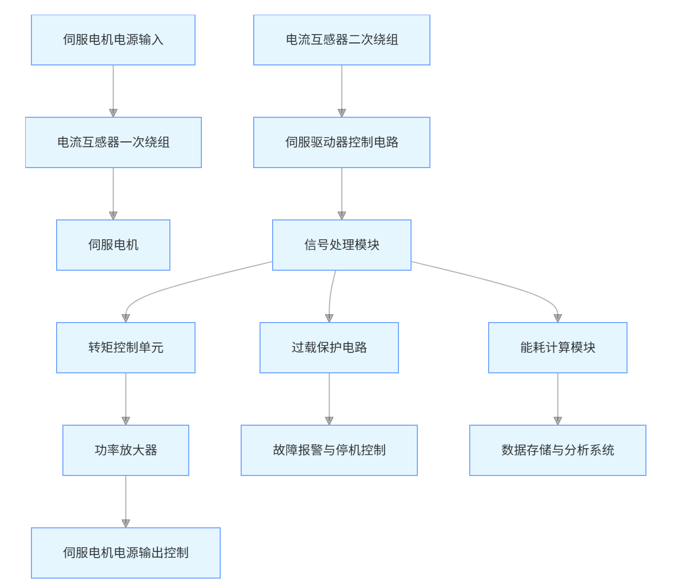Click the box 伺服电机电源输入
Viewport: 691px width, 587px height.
tap(113, 40)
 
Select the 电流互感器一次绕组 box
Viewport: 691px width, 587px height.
tap(113, 142)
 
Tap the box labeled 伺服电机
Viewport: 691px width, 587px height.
tap(113, 245)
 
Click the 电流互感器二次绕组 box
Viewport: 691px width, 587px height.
tap(342, 40)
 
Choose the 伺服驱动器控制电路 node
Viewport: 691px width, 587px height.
tap(342, 142)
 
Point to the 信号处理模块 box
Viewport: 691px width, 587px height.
tap(342, 245)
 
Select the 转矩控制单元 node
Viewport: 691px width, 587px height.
tap(126, 348)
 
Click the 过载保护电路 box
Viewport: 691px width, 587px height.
tap(329, 348)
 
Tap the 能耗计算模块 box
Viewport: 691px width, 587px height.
tap(558, 348)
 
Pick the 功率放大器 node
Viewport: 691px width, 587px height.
tap(126, 450)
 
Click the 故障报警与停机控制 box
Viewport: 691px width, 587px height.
tap(329, 450)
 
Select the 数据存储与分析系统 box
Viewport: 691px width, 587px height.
tap(558, 450)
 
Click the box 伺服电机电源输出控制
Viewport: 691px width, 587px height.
tap(126, 553)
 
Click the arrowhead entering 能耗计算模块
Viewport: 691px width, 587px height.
tap(558, 318)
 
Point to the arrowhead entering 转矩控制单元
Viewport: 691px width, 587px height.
tap(126, 318)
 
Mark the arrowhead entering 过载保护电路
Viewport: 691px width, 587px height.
tap(329, 318)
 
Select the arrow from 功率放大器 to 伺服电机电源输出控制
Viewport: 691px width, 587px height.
tap(126, 500)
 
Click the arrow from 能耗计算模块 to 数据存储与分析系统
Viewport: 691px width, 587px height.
tap(558, 397)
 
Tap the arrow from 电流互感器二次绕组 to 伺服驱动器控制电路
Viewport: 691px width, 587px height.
tap(342, 90)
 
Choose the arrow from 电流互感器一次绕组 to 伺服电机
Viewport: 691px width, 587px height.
tap(113, 192)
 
